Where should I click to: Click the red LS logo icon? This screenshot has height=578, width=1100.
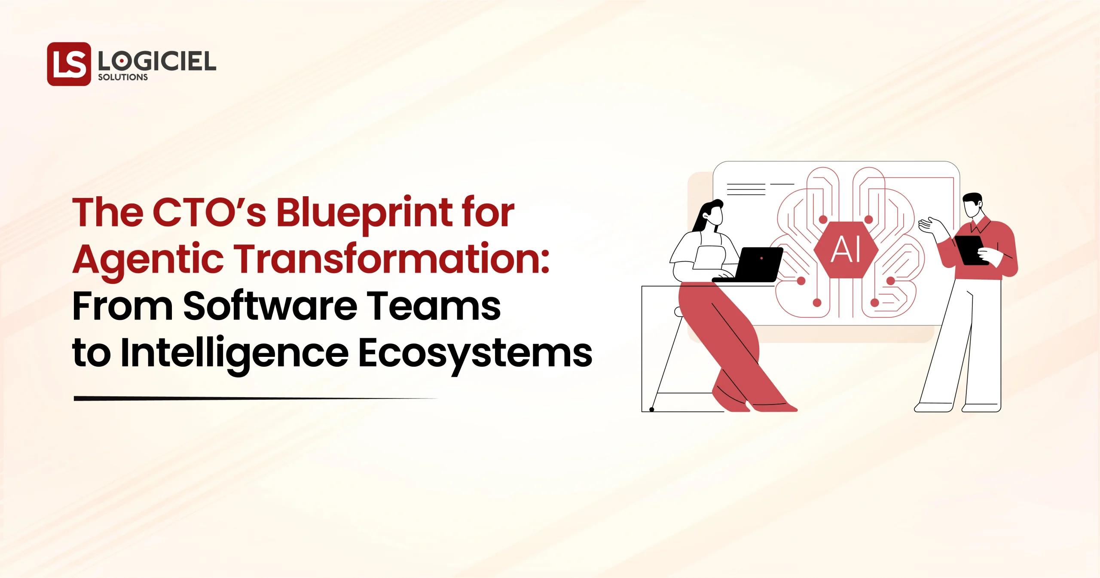(69, 64)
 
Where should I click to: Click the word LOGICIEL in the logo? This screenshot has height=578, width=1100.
(157, 63)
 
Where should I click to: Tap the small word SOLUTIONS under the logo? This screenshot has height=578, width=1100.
(123, 78)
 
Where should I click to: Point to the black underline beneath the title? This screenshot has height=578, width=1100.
(255, 399)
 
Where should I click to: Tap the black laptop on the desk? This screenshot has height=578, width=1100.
(752, 265)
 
